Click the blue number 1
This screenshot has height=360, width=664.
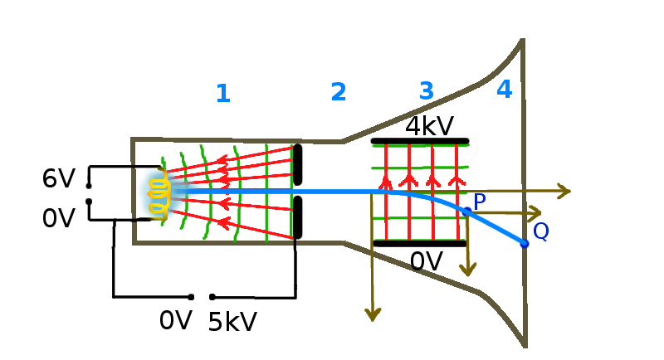pos(222,94)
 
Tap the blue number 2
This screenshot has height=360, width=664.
pos(338,92)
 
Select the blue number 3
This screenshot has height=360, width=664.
pos(426,90)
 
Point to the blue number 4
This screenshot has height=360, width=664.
pos(504,90)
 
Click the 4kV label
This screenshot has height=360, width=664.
pos(429,126)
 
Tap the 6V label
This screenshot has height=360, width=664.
pos(59,178)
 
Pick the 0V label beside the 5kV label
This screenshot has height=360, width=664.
pos(176,320)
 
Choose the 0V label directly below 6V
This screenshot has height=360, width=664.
pos(59,218)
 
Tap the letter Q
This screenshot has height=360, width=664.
pos(540,231)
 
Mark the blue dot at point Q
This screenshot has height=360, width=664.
pos(524,243)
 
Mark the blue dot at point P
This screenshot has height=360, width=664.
pos(466,212)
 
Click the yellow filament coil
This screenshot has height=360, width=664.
pos(159,194)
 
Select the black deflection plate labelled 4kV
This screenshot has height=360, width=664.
pos(420,140)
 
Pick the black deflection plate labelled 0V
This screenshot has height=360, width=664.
pos(419,243)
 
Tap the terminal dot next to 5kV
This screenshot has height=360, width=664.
pos(212,296)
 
